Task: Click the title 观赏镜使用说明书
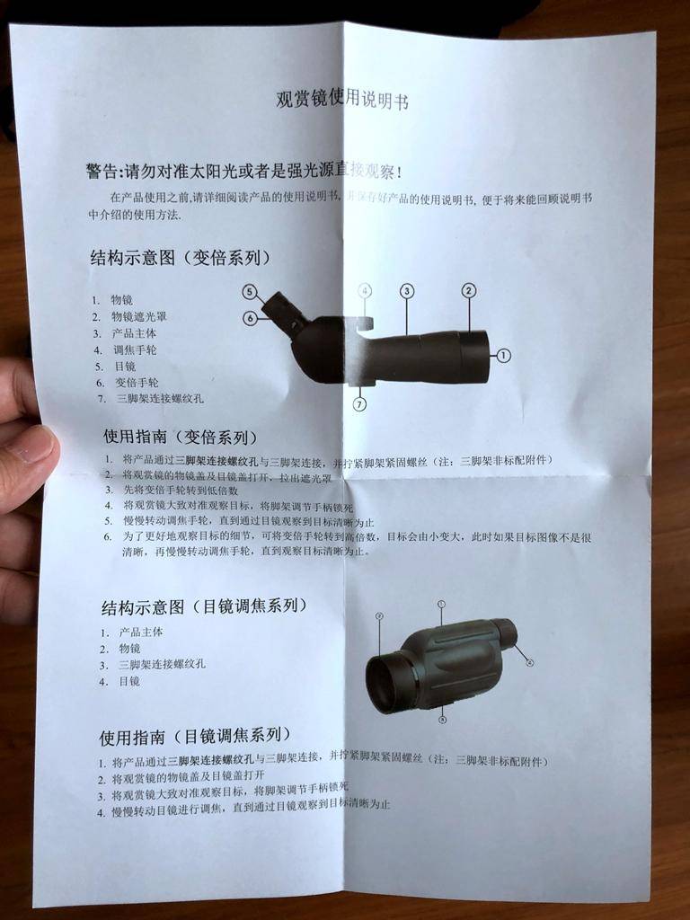coord(341,99)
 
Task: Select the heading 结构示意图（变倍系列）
coord(180,258)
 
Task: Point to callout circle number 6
coord(250,317)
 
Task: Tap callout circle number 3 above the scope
coord(407,290)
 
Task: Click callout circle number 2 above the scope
coord(469,289)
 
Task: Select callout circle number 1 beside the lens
coord(503,356)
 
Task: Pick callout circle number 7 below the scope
coord(359,404)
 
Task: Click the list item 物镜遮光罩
coord(138,316)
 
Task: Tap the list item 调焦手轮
coord(134,349)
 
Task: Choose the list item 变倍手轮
coord(134,382)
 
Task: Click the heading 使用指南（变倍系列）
coord(180,438)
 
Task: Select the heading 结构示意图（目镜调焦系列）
coord(203,606)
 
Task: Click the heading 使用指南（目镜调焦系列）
coord(194,737)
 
